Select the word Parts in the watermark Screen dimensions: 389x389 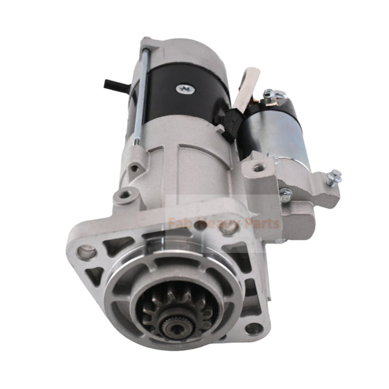pyautogui.click(x=262, y=223)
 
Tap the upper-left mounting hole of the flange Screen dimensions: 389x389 pyautogui.click(x=88, y=249)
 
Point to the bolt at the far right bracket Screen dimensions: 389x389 pyautogui.click(x=334, y=177)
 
